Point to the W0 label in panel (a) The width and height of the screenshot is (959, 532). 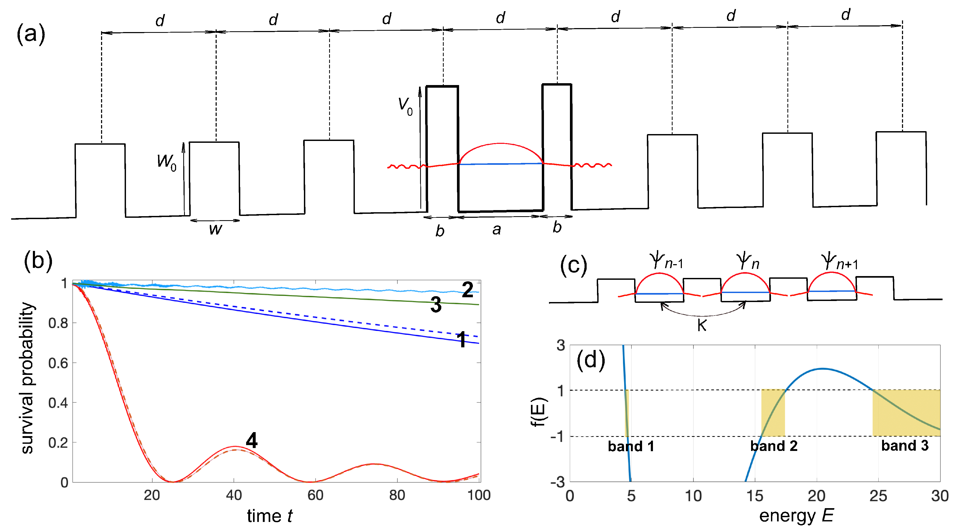[x=166, y=162]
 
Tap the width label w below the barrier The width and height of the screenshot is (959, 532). [x=215, y=229]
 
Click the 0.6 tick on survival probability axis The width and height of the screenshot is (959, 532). [x=58, y=363]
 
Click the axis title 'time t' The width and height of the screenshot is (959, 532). [x=269, y=516]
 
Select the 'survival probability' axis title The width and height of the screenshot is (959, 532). [x=28, y=378]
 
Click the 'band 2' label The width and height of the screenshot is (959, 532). [x=774, y=446]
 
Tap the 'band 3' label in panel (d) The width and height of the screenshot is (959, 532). [x=905, y=445]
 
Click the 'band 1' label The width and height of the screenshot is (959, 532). [x=631, y=446]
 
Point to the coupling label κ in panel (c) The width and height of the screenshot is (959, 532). [x=702, y=325]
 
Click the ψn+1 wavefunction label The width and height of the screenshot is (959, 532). [x=839, y=261]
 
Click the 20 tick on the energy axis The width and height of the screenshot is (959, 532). [x=816, y=496]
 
